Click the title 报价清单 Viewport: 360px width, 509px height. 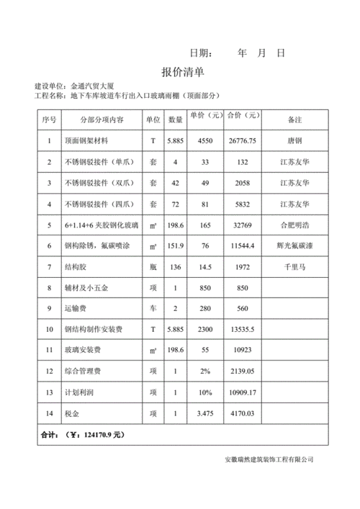(x=183, y=73)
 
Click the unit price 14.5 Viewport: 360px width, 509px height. (x=204, y=267)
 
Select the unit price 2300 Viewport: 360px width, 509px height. (x=204, y=330)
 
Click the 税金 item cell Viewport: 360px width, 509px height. (x=73, y=414)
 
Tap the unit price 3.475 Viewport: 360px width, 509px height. (x=204, y=414)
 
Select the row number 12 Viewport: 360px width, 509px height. (x=49, y=372)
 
